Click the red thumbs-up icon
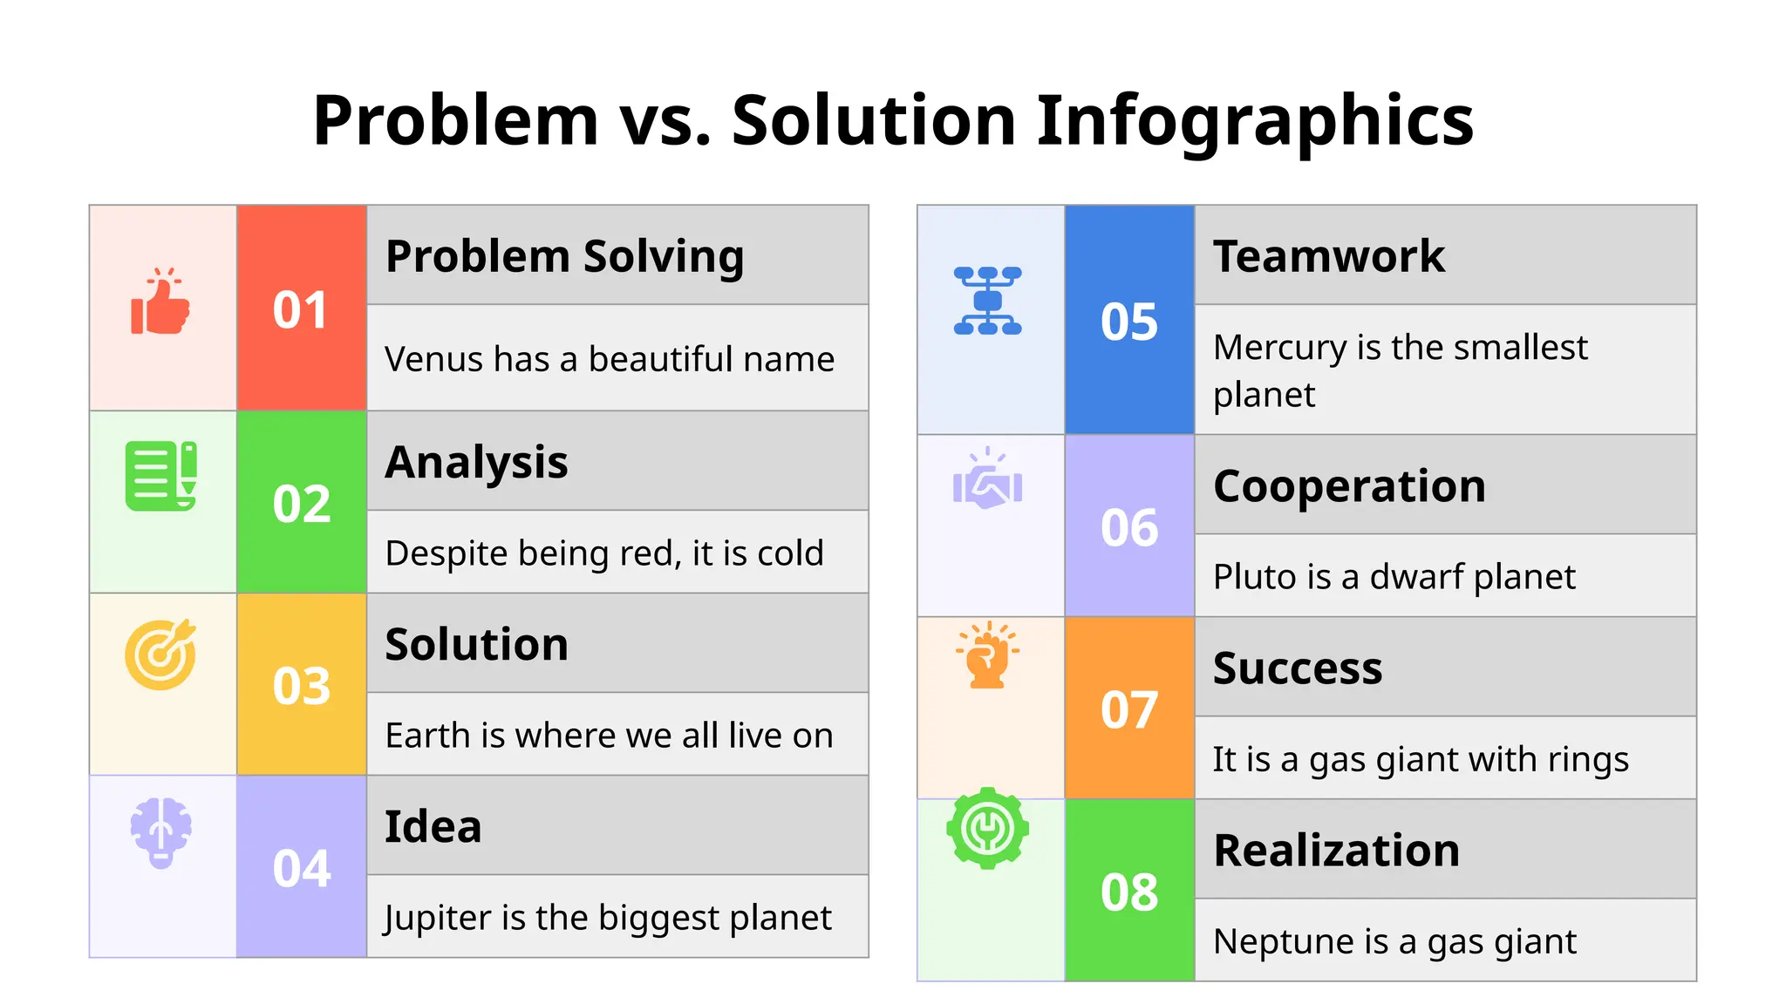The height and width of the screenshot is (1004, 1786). [x=160, y=302]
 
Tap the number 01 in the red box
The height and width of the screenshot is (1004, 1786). [x=301, y=310]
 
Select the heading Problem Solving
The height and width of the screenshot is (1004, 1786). [x=564, y=256]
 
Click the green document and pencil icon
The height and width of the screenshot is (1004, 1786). [x=161, y=476]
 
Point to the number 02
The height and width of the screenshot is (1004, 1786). [x=301, y=504]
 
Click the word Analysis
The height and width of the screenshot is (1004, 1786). [x=476, y=462]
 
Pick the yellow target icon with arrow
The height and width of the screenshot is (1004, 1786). [x=160, y=655]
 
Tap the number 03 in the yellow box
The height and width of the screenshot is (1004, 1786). [x=301, y=686]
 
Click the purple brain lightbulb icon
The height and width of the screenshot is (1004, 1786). [x=160, y=832]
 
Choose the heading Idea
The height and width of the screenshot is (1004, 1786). [x=433, y=826]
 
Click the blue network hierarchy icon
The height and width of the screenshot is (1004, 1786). [x=987, y=301]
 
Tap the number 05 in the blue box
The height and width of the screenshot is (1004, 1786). [x=1129, y=322]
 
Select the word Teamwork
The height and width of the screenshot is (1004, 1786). [x=1328, y=256]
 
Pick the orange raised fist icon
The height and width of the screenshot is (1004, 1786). [x=987, y=655]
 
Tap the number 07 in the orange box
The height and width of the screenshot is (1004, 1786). [x=1129, y=709]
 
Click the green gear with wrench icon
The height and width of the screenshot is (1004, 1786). [x=987, y=828]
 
